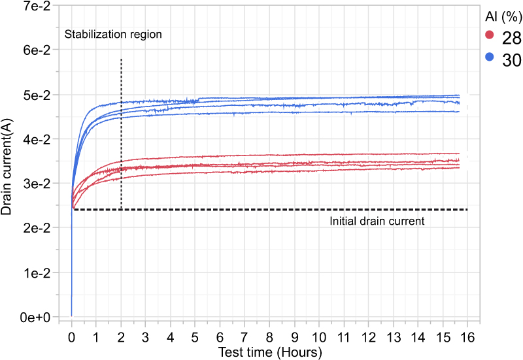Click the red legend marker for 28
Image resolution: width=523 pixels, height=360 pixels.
click(x=488, y=35)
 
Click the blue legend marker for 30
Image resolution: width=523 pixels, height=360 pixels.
click(x=488, y=57)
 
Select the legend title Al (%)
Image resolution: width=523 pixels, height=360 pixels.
click(x=502, y=15)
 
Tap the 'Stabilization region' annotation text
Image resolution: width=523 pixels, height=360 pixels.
click(x=112, y=34)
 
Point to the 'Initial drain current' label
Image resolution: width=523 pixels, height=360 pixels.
click(x=377, y=221)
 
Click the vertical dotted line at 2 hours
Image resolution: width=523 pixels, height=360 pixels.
click(x=122, y=131)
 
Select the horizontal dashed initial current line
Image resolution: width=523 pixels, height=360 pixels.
click(x=261, y=209)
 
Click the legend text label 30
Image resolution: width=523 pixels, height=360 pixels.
click(x=511, y=59)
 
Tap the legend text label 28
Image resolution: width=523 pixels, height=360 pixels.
click(x=511, y=36)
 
